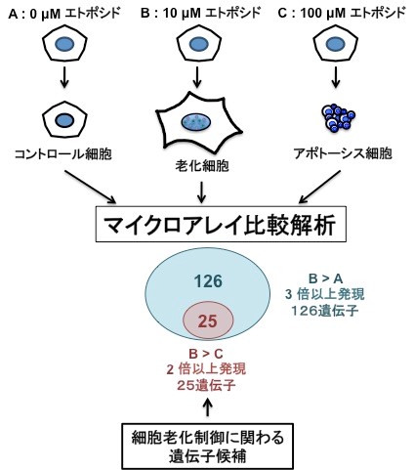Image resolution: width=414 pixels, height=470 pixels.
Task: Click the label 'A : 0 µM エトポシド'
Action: coord(64,14)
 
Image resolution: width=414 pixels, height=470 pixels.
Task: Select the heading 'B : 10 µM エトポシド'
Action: coord(201,14)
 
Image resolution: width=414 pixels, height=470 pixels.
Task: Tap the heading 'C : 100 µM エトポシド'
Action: coord(342,14)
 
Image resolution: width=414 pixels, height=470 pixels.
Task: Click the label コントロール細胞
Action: coord(63,153)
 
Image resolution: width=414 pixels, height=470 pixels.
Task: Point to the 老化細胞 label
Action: coord(202,166)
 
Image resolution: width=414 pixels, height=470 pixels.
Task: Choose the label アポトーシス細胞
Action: coord(343,153)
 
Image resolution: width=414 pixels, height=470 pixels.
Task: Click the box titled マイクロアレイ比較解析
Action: coord(221,224)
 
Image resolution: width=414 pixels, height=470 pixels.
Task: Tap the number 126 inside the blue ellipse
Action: coord(208,281)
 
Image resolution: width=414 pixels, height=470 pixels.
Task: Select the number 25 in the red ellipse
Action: coord(208,321)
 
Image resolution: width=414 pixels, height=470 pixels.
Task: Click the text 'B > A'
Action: coord(325,278)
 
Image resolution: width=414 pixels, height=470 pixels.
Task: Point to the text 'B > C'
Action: coord(206,354)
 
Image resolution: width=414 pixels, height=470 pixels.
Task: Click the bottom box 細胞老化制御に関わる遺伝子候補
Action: coord(208,447)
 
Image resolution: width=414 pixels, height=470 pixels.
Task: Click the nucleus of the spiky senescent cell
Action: coord(195,122)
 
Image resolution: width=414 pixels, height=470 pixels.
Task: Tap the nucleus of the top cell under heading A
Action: coord(65,44)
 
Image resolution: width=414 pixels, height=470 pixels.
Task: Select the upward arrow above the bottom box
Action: coord(208,406)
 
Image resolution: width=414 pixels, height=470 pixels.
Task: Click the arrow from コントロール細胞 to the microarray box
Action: coord(91,187)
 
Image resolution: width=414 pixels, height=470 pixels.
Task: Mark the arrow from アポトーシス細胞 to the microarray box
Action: coord(320,187)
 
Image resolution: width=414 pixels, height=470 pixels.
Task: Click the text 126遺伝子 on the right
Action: coord(325,311)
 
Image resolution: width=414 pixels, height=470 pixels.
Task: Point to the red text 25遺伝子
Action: coord(206,385)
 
